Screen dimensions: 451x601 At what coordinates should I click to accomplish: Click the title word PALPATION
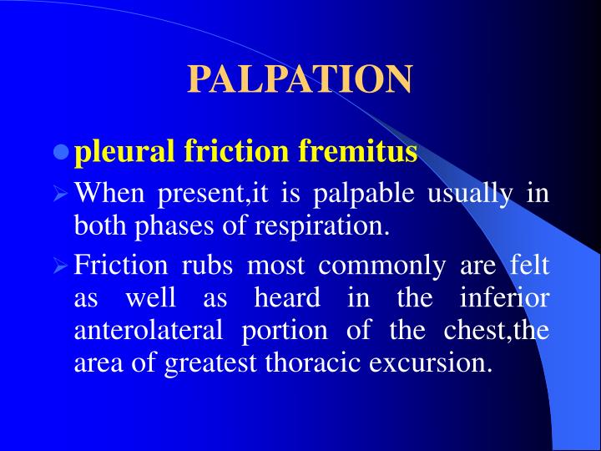tap(300, 79)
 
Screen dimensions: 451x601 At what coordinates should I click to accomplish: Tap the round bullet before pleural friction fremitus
tap(60, 153)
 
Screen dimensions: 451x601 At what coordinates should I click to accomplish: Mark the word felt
tap(530, 266)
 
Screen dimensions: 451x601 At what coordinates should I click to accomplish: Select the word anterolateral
tap(148, 330)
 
